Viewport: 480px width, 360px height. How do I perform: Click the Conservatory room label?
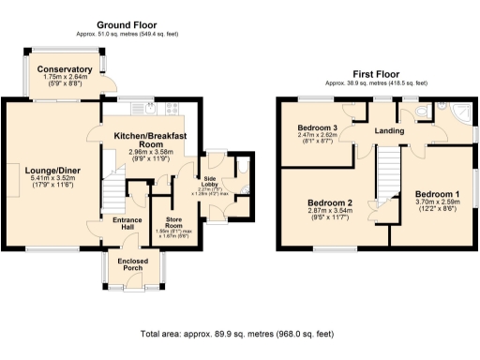coord(64,69)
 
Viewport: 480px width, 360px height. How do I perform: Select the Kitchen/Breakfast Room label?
coord(150,142)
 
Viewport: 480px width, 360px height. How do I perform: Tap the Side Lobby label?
coord(211,181)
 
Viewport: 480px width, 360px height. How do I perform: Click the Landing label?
coord(385,131)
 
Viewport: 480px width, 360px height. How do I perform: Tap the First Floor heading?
coord(375,73)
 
